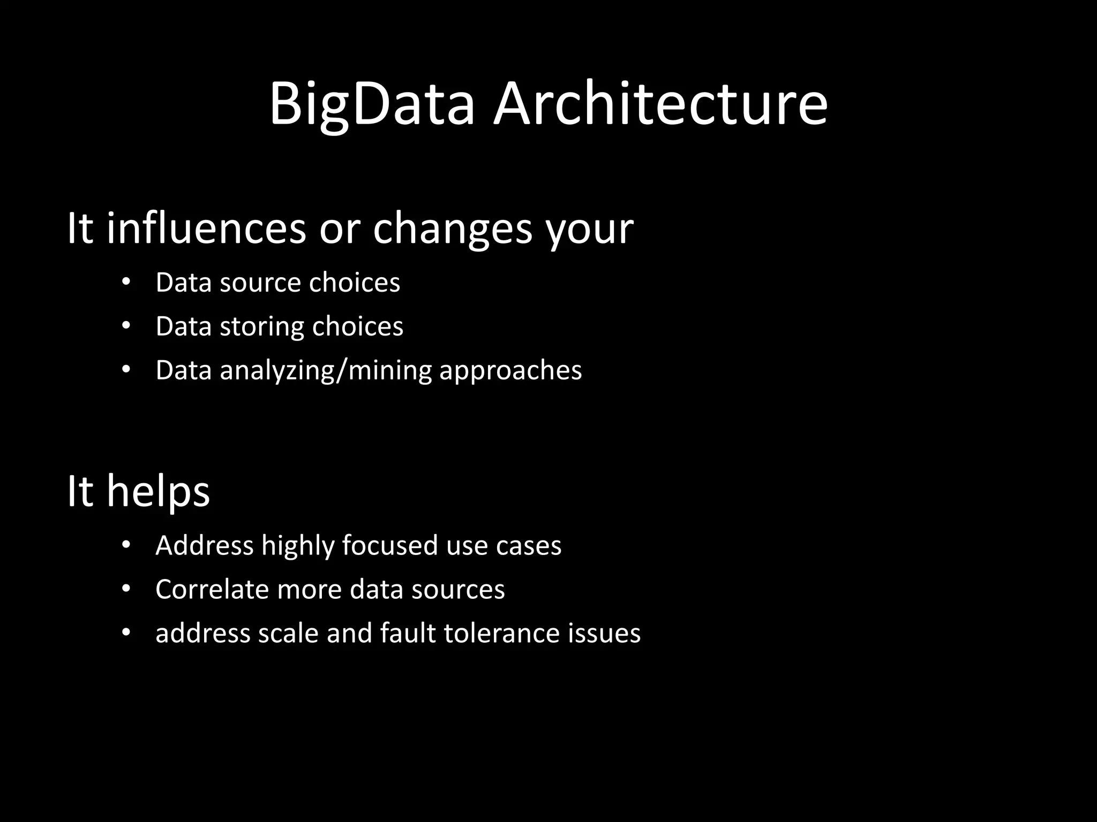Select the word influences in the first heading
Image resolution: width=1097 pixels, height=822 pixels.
tap(206, 229)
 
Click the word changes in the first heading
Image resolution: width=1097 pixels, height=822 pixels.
tap(453, 229)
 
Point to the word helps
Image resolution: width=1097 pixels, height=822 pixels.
tap(158, 491)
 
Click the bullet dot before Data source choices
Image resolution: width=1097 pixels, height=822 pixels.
tap(126, 282)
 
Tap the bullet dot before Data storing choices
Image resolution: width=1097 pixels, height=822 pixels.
tap(126, 326)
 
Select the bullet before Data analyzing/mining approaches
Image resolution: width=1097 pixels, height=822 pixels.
tap(126, 370)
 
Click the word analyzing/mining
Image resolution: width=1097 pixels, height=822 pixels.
tap(326, 371)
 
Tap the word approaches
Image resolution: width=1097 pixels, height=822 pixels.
tap(510, 371)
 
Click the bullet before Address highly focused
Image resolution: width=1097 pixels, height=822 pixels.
tap(126, 545)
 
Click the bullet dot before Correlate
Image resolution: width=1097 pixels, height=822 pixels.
tap(126, 589)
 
